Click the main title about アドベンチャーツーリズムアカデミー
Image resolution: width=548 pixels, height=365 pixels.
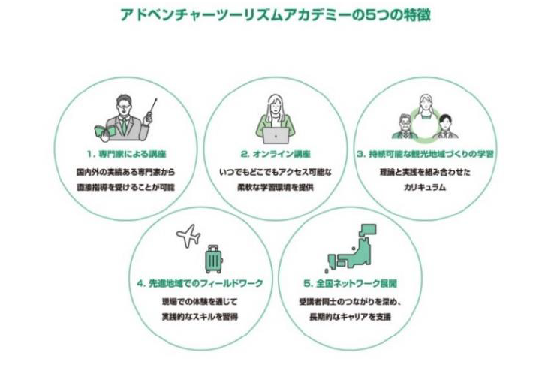(274, 14)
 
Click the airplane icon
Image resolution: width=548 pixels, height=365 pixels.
(187, 237)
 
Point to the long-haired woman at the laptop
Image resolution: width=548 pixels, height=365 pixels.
(274, 113)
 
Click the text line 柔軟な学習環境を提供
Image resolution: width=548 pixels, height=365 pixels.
(273, 185)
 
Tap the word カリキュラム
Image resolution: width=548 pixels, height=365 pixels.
(425, 185)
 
